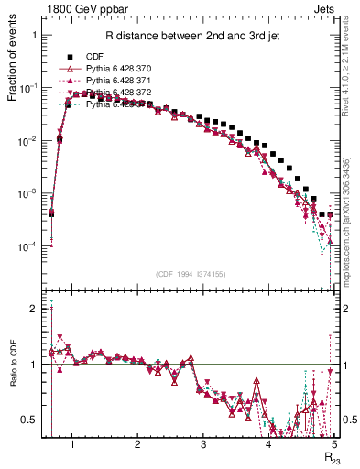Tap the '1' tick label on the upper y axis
(x=34, y=35)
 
